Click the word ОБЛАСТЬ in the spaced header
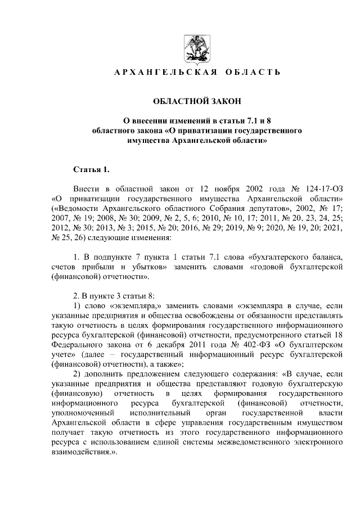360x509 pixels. tap(253, 73)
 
